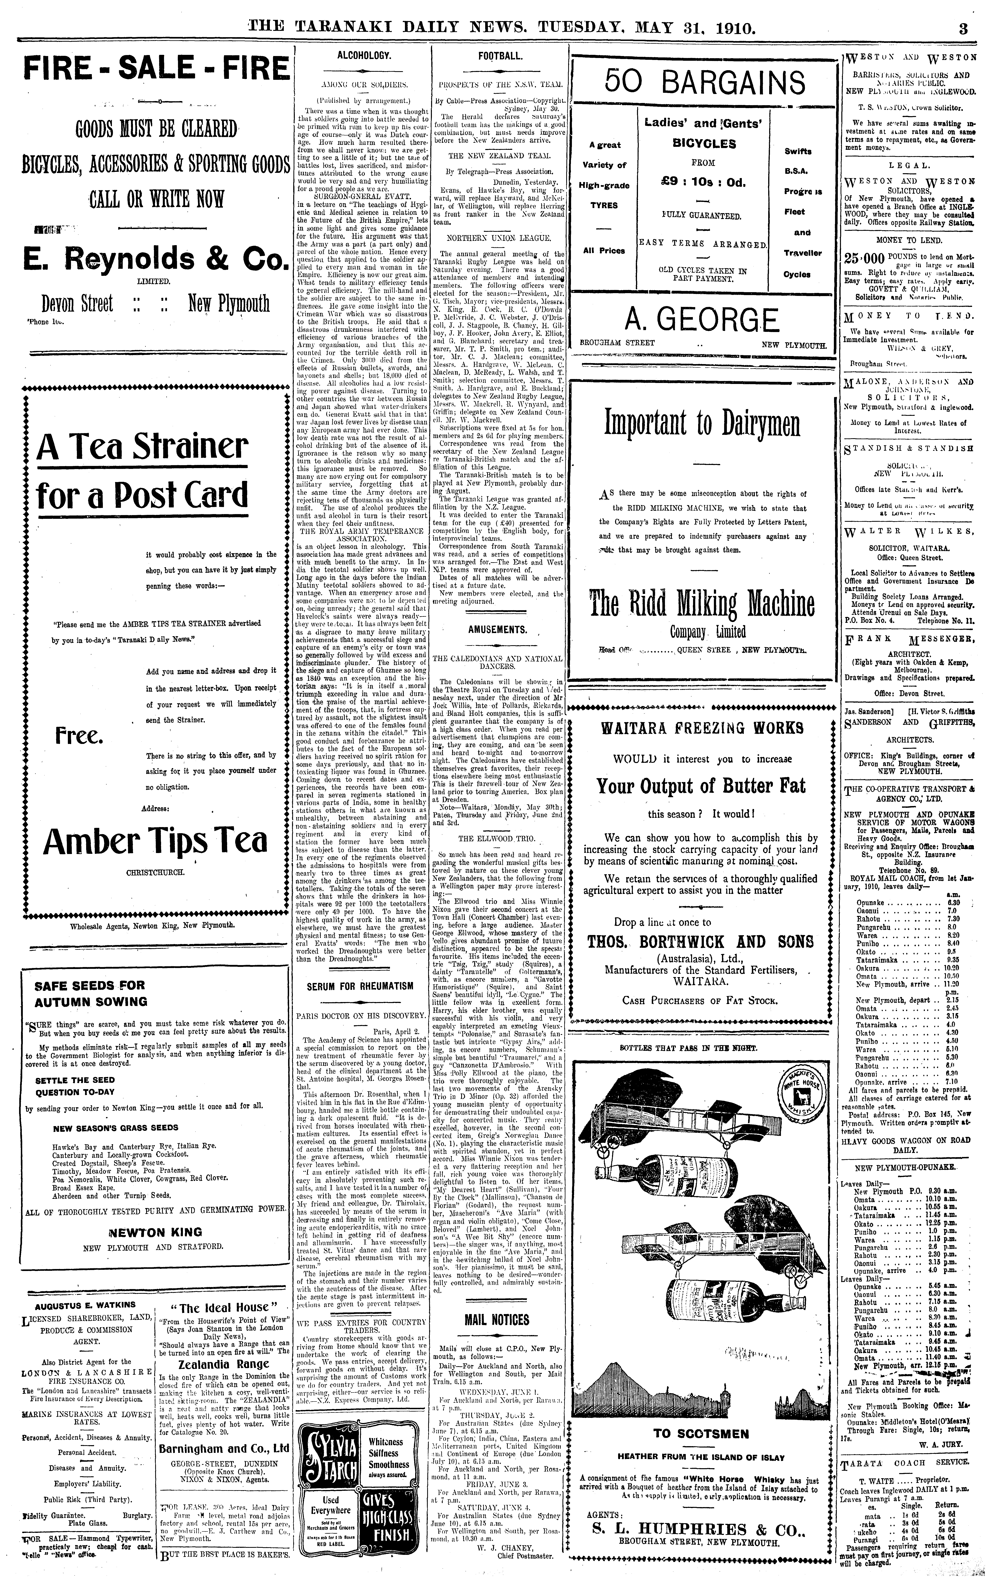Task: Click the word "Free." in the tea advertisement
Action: point(79,736)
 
